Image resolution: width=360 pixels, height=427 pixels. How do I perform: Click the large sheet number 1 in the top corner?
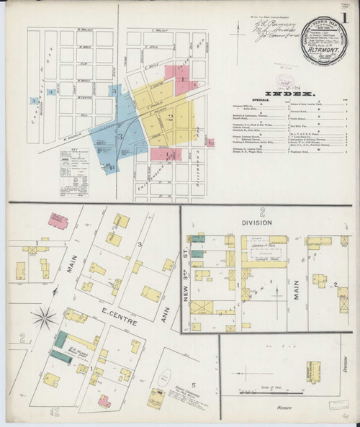point(348,17)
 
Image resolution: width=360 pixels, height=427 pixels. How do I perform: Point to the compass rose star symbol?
point(46,315)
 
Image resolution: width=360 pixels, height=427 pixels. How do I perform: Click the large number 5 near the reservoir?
point(190,372)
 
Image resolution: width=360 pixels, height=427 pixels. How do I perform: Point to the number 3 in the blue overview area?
point(120,135)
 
